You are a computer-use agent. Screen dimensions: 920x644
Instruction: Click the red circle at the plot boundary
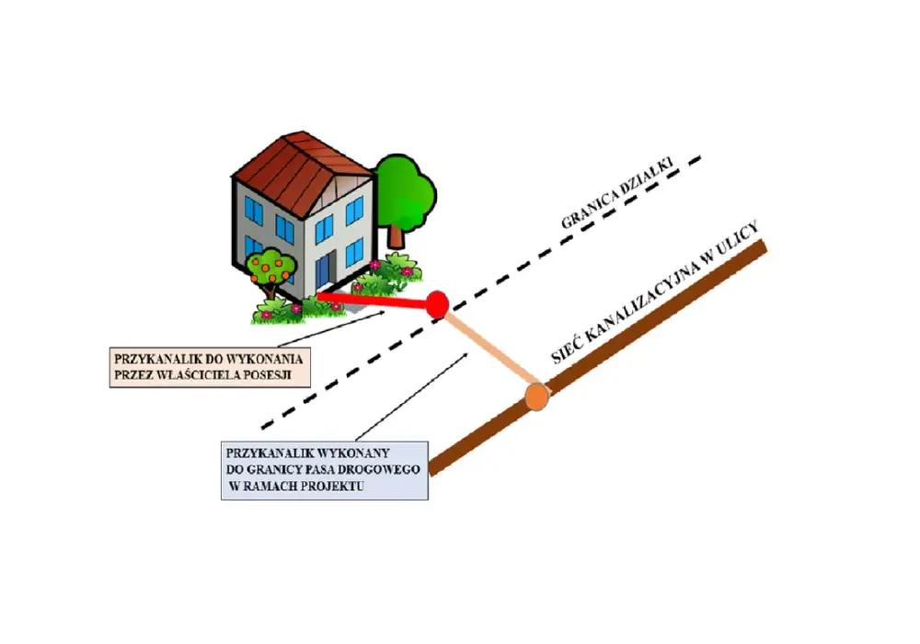(436, 305)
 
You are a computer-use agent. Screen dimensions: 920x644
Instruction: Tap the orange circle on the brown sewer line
(536, 397)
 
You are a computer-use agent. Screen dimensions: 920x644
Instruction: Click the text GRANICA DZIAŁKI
(616, 192)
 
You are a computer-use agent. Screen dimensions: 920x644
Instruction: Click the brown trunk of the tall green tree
(396, 236)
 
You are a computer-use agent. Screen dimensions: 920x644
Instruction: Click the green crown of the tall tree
(406, 190)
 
